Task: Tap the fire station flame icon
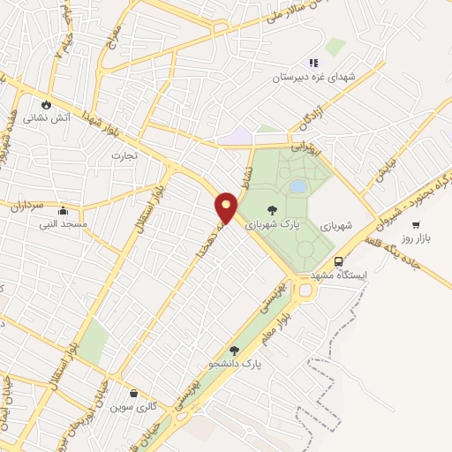(x=46, y=103)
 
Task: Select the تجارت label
(x=120, y=155)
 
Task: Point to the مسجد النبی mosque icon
(x=63, y=211)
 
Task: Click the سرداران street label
(x=27, y=207)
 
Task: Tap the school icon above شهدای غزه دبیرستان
(x=313, y=63)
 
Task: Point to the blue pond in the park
(x=298, y=186)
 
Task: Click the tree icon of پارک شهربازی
(x=271, y=209)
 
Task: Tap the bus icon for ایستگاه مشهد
(x=339, y=260)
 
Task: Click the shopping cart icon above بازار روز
(x=416, y=224)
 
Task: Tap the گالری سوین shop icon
(x=133, y=394)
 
